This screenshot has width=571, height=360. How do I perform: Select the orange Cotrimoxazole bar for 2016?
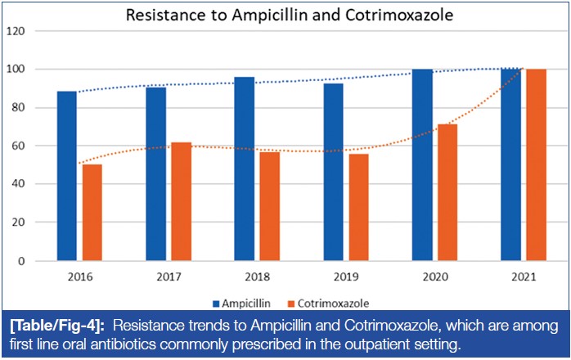coord(92,213)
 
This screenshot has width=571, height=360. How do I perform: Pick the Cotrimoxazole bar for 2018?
coord(269,206)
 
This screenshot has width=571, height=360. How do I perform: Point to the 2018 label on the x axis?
coord(257,277)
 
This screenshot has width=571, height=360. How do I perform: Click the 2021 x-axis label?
coord(524,277)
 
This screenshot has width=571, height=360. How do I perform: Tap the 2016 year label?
coord(79,277)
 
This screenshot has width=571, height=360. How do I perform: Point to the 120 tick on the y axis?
coord(16,31)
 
